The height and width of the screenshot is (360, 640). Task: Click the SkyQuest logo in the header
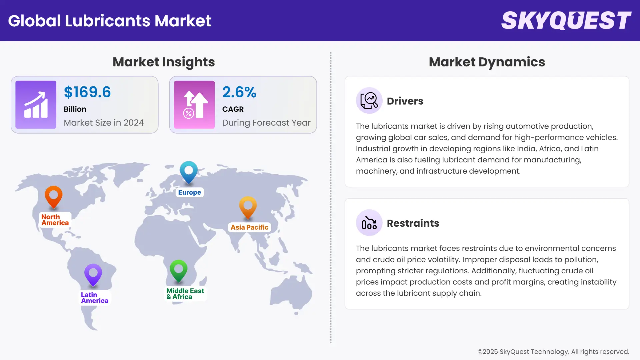[566, 21]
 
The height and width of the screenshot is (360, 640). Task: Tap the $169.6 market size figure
[87, 92]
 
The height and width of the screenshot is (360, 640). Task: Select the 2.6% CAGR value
[239, 92]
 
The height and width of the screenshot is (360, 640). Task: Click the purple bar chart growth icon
[36, 105]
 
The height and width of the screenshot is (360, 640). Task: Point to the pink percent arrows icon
[194, 105]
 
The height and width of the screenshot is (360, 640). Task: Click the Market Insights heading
[164, 62]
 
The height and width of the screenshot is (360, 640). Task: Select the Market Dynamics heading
[487, 62]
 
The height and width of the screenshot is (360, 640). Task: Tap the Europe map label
[189, 192]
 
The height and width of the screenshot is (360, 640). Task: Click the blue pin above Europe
[189, 171]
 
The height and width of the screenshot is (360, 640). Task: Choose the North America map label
[55, 220]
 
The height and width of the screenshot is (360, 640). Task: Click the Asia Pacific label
[249, 227]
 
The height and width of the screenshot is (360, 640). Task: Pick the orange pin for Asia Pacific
[248, 207]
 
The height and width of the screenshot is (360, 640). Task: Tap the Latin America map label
[94, 298]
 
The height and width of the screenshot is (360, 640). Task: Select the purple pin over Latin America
[93, 274]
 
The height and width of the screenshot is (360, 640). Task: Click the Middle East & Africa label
[185, 294]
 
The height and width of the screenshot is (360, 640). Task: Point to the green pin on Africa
[178, 270]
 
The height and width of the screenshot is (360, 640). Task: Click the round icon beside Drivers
[369, 101]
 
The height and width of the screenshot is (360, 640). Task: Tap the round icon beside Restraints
[369, 223]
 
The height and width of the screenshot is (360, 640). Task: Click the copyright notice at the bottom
[553, 352]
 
